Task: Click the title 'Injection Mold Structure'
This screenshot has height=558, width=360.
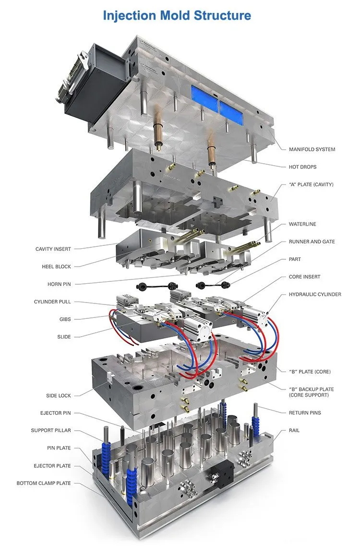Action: [x=177, y=15]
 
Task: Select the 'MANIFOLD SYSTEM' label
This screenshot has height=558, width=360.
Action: [x=312, y=149]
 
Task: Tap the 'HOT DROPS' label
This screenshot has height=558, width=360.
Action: [x=302, y=167]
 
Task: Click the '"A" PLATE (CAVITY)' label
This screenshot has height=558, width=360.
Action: [x=311, y=184]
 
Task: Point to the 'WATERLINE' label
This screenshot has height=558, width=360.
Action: [x=302, y=224]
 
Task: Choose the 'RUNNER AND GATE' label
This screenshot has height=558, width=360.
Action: [x=312, y=242]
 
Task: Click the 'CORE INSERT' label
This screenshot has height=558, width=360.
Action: [x=304, y=277]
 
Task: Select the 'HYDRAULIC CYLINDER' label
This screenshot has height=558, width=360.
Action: [x=315, y=294]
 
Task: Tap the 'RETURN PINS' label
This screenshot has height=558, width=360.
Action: [x=305, y=413]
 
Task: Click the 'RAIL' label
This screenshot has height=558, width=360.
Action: [x=294, y=430]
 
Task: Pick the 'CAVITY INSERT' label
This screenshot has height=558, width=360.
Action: [x=53, y=249]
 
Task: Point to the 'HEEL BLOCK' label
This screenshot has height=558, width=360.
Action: [x=56, y=267]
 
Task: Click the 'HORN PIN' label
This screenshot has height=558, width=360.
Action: [x=59, y=284]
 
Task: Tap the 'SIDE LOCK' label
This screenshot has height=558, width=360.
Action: [x=58, y=396]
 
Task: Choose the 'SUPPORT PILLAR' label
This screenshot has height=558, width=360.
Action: [x=51, y=431]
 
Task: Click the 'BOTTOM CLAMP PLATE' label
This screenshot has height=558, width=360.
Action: [x=44, y=483]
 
